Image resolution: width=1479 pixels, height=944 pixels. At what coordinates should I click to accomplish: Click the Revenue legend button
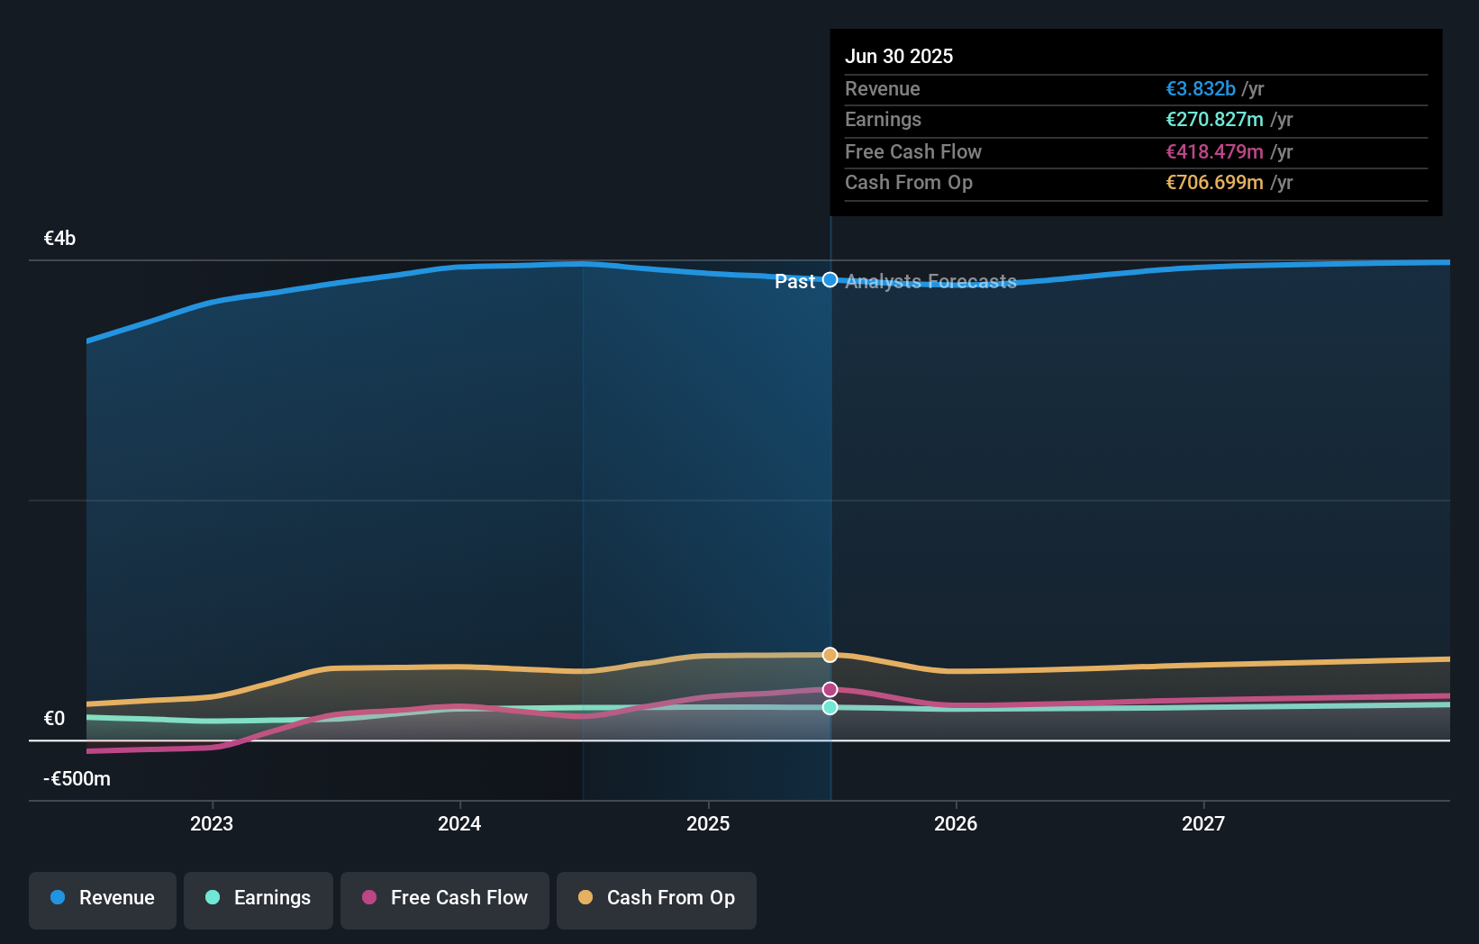pos(103,898)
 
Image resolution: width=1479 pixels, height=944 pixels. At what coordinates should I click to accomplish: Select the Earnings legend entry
pos(259,898)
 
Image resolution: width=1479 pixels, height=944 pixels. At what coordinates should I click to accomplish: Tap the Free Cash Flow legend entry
pos(445,898)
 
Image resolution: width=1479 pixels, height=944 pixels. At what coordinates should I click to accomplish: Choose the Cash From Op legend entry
pos(657,898)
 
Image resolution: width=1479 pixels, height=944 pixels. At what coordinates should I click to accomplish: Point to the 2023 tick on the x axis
pos(212,823)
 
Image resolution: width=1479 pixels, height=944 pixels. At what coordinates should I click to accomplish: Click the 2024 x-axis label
pos(459,823)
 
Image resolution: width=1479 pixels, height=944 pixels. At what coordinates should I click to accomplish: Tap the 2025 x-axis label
pos(708,823)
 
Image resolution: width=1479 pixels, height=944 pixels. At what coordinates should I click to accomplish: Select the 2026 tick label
pos(956,823)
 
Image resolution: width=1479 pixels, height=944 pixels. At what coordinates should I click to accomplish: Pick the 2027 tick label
pos(1203,823)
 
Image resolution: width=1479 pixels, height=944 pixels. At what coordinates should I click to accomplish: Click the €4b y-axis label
pos(59,239)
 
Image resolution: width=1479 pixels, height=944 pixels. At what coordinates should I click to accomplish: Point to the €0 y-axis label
pos(54,719)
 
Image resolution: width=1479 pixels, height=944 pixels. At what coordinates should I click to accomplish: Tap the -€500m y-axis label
pos(77,779)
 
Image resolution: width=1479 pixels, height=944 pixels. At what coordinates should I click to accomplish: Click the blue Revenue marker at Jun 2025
pos(830,280)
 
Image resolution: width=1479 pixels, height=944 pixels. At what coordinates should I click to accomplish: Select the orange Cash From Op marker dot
pos(830,655)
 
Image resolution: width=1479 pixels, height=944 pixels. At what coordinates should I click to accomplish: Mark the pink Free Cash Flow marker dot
pos(830,690)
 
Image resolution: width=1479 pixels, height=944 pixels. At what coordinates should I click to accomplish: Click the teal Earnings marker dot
pos(830,708)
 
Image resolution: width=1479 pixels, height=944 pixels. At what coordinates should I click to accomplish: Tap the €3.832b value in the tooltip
pos(1201,89)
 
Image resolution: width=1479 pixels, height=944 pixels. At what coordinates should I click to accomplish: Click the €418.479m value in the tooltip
pos(1214,152)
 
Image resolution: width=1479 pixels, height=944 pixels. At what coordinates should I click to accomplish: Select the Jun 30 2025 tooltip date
pos(899,57)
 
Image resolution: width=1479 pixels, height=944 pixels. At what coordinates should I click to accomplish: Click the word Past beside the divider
pos(794,282)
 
